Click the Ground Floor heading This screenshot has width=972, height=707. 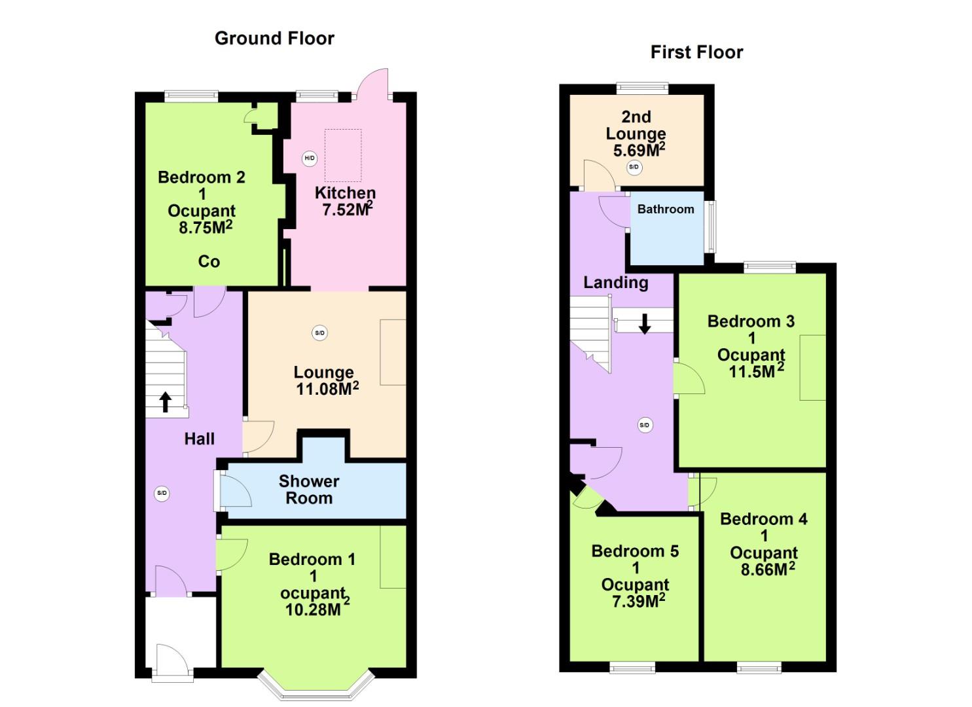pyautogui.click(x=274, y=39)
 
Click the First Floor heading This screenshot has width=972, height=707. pyautogui.click(x=696, y=52)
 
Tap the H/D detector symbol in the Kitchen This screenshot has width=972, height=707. pyautogui.click(x=310, y=158)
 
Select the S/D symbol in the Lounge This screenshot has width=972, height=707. pyautogui.click(x=319, y=333)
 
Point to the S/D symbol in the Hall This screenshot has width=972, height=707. pyautogui.click(x=162, y=493)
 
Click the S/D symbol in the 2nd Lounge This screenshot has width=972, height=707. pyautogui.click(x=634, y=167)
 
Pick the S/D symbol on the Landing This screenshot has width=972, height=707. pyautogui.click(x=644, y=425)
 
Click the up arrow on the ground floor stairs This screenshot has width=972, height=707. pyautogui.click(x=166, y=401)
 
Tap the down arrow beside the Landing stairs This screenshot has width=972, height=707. pyautogui.click(x=645, y=323)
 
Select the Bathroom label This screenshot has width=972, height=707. pyautogui.click(x=666, y=209)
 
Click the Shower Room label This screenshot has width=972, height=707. pyautogui.click(x=309, y=490)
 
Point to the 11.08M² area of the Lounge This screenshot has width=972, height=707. pyautogui.click(x=327, y=389)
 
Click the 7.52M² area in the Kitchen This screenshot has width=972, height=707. pyautogui.click(x=347, y=209)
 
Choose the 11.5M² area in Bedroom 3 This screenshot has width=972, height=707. pyautogui.click(x=756, y=371)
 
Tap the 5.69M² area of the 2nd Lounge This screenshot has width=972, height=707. pyautogui.click(x=638, y=150)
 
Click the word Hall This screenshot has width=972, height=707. pyautogui.click(x=199, y=439)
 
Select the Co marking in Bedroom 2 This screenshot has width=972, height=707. pyautogui.click(x=209, y=262)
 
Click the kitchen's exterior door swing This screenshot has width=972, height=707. pyautogui.click(x=374, y=84)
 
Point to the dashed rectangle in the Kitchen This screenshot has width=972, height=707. pyautogui.click(x=343, y=155)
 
